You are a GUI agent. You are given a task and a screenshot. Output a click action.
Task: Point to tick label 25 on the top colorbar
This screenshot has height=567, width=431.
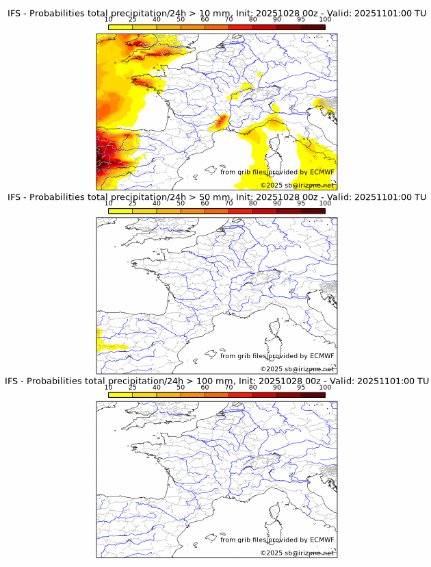point(132,19)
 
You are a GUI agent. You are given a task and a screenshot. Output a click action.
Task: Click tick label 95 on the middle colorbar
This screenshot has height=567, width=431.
point(301,203)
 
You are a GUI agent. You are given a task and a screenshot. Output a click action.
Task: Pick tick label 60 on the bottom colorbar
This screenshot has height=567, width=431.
point(205,388)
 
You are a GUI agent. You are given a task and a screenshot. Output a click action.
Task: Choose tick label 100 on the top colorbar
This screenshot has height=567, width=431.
point(325,19)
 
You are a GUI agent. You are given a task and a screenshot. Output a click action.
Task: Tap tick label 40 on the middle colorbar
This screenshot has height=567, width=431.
point(157,203)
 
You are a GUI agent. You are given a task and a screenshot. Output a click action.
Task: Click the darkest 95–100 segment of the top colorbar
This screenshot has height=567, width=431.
point(313,27)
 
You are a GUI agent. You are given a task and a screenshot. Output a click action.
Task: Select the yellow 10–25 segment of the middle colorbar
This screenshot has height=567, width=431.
point(120,211)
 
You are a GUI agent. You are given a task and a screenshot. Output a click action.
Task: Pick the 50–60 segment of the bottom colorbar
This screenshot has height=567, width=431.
point(192,394)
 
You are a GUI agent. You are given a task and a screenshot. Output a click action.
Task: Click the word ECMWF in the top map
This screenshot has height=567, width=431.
point(322,172)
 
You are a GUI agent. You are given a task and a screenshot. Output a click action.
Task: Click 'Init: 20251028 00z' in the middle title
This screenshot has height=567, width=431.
point(273,197)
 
